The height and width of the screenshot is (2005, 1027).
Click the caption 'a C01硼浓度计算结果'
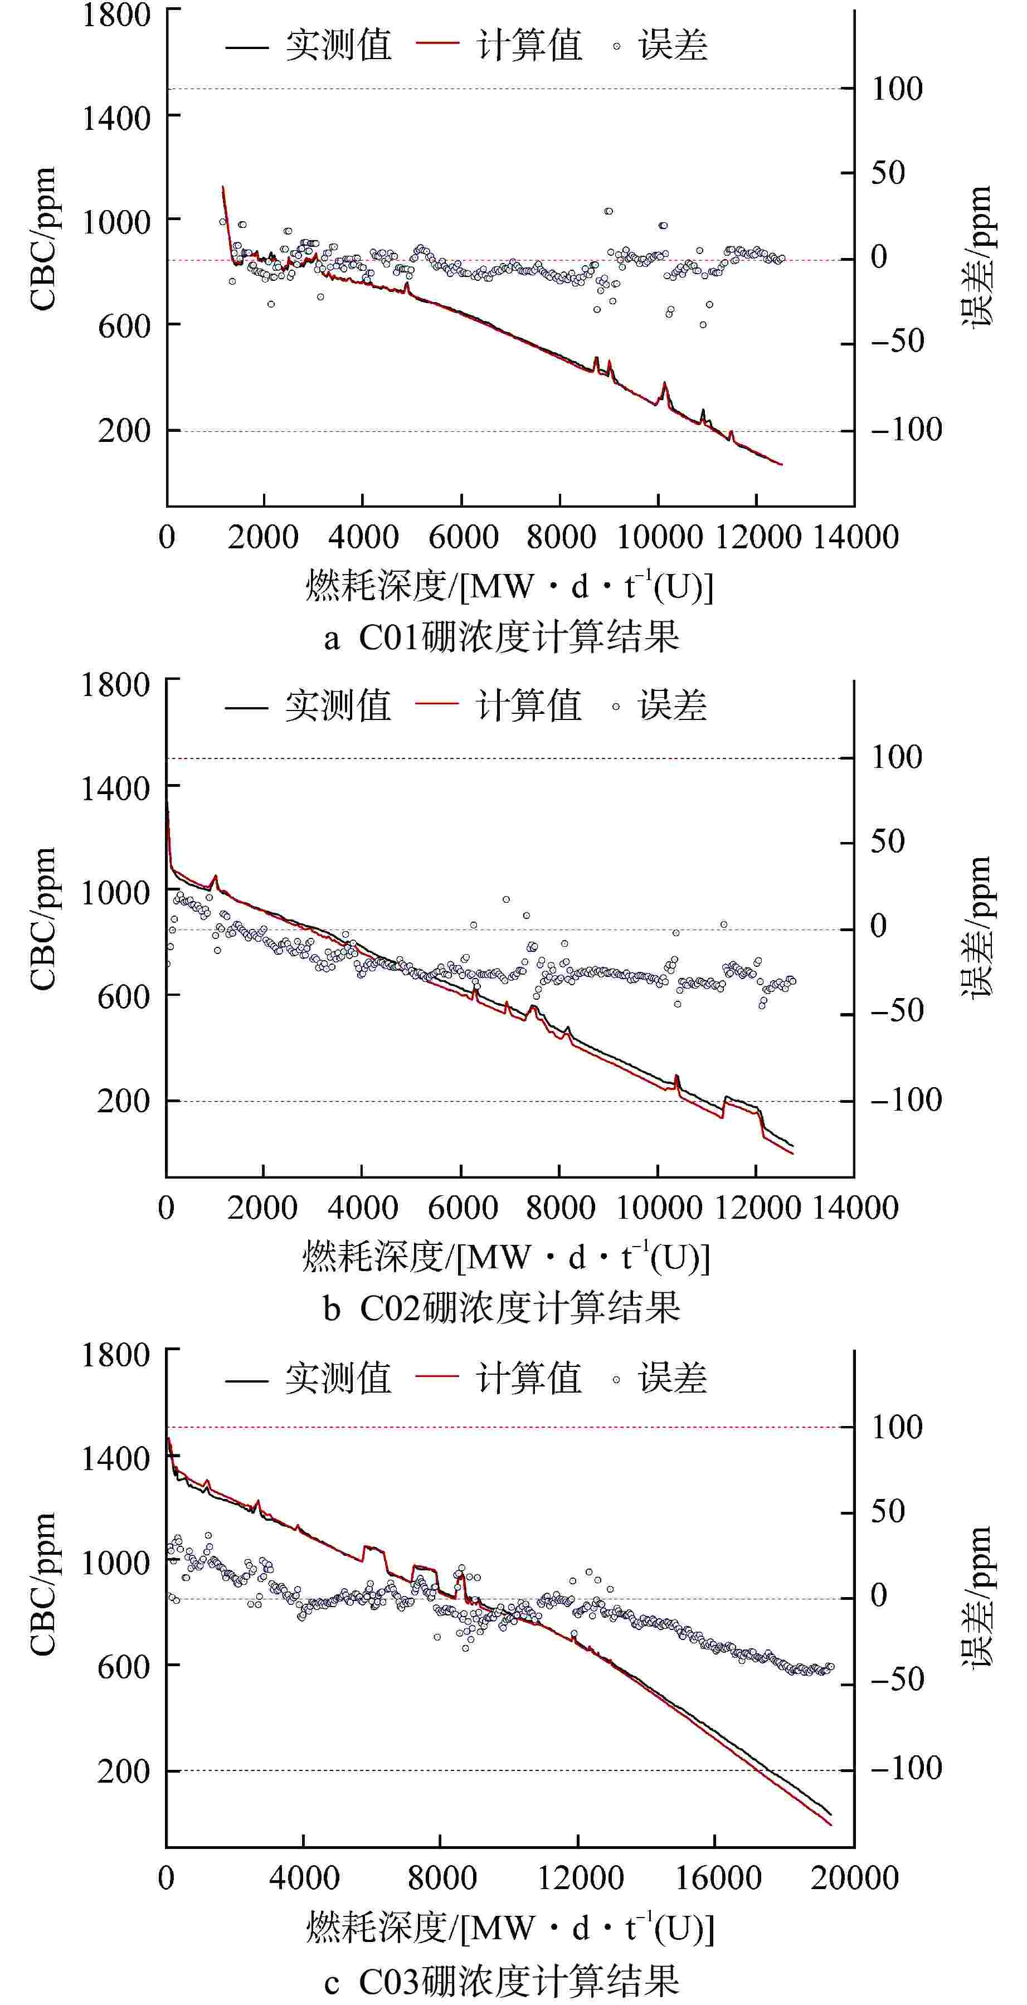coord(502,637)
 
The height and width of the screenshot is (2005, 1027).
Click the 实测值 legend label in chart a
coord(338,45)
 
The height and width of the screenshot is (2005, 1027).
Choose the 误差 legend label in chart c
coord(672,1379)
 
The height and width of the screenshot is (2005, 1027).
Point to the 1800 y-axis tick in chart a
coord(116,16)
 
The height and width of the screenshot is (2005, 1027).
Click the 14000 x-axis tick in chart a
coord(854,537)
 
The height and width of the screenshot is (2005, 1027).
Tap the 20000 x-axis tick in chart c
coord(854,1878)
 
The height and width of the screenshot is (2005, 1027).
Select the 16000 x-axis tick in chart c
coord(717,1878)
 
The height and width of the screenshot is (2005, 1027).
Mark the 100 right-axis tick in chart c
coord(896,1427)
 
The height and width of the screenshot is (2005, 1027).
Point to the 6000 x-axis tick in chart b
coord(462,1207)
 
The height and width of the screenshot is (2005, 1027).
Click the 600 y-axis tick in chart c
coord(123,1666)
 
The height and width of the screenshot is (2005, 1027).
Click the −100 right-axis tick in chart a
coord(906,429)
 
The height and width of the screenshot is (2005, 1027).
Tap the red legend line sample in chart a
coord(437,45)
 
